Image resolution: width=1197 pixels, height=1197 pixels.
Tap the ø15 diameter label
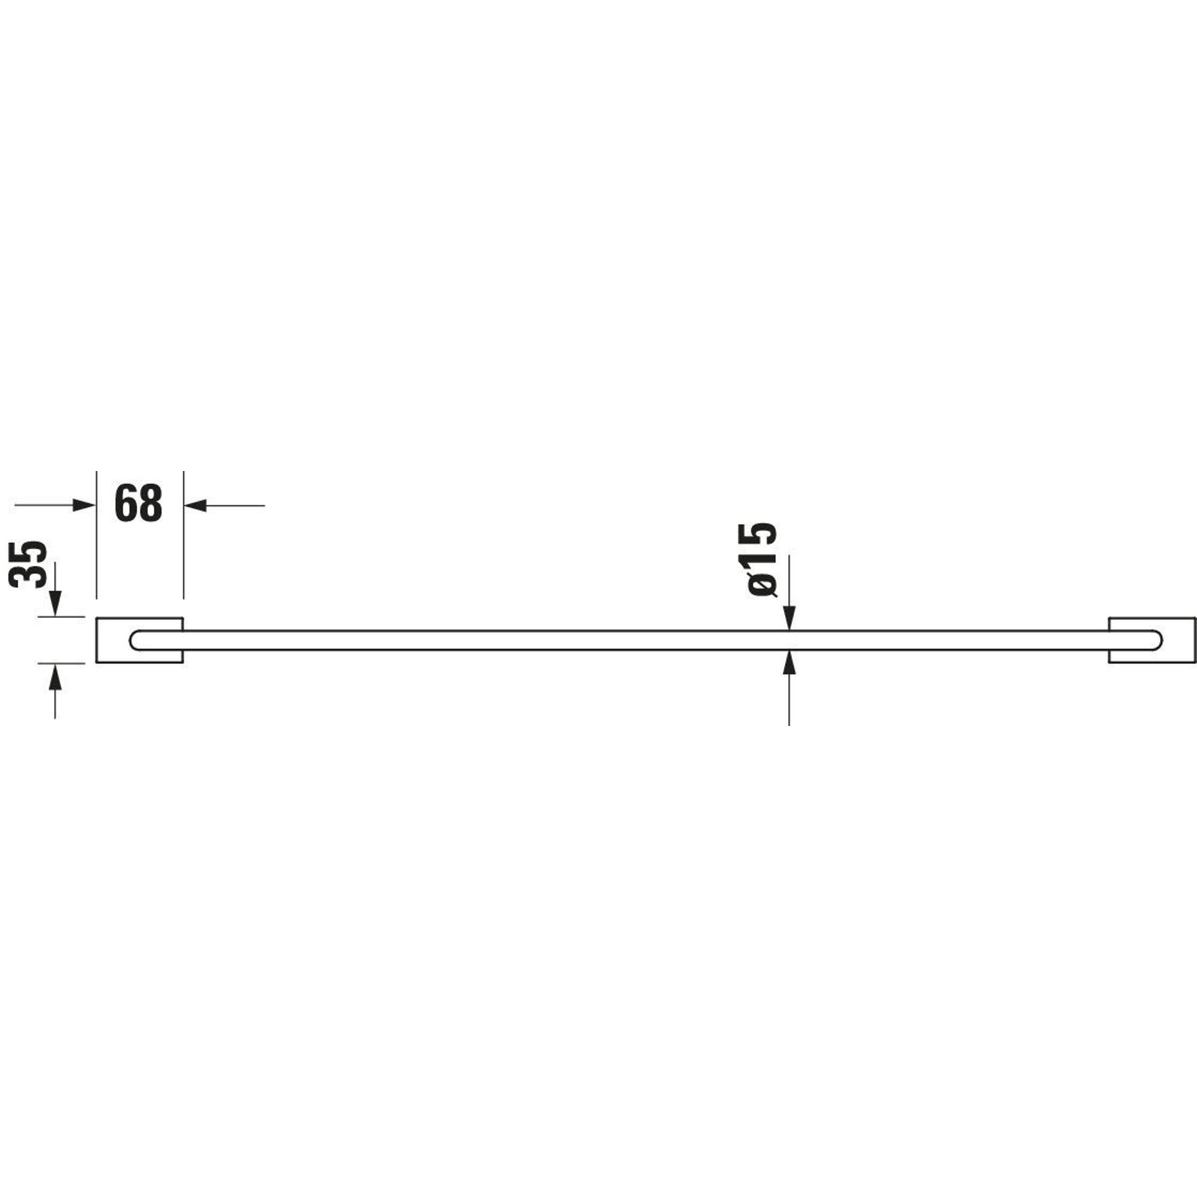[757, 560]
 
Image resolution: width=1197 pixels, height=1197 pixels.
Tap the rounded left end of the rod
[131, 640]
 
